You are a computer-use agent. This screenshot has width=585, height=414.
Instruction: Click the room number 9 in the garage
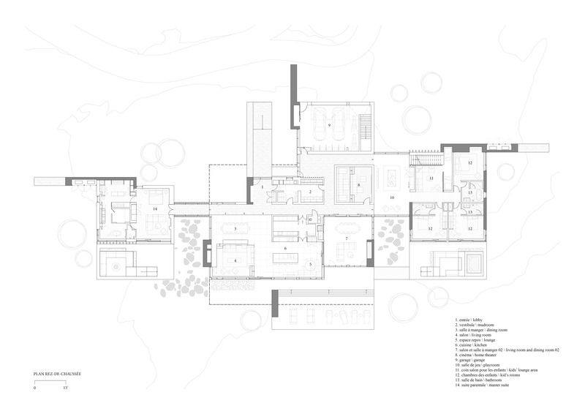point(330,126)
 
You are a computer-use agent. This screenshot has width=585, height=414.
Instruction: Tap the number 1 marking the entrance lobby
point(263,188)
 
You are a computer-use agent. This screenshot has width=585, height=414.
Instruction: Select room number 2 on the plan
point(310,192)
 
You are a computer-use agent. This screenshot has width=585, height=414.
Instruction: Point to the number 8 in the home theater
point(359,185)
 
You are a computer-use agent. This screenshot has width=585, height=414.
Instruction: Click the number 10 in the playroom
point(391,198)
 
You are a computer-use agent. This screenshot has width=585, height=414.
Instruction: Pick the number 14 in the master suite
point(155,208)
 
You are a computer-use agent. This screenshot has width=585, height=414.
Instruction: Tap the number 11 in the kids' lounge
point(431,178)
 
